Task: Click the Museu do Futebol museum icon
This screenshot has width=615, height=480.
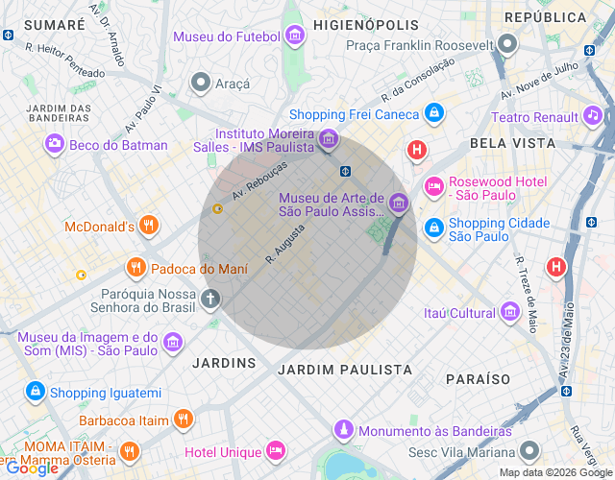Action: [294, 37]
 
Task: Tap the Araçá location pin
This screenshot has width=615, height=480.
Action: [201, 84]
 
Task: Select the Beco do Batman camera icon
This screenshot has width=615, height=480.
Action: [55, 145]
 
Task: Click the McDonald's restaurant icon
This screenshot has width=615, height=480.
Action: [148, 227]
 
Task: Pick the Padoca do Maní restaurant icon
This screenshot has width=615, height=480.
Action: [136, 268]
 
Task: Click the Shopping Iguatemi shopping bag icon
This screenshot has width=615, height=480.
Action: [36, 392]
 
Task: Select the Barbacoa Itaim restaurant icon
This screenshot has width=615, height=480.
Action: [184, 420]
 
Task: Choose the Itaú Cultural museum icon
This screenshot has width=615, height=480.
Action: [509, 313]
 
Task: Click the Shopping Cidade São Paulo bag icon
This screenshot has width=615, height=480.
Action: [434, 228]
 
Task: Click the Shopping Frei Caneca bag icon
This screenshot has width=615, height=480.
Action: [434, 114]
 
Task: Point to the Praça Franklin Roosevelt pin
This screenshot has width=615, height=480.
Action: [507, 44]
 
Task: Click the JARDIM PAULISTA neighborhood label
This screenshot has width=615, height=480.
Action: [344, 370]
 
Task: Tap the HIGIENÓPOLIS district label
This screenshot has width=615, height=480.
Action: [367, 24]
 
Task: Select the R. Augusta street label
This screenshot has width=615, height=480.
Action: [285, 244]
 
